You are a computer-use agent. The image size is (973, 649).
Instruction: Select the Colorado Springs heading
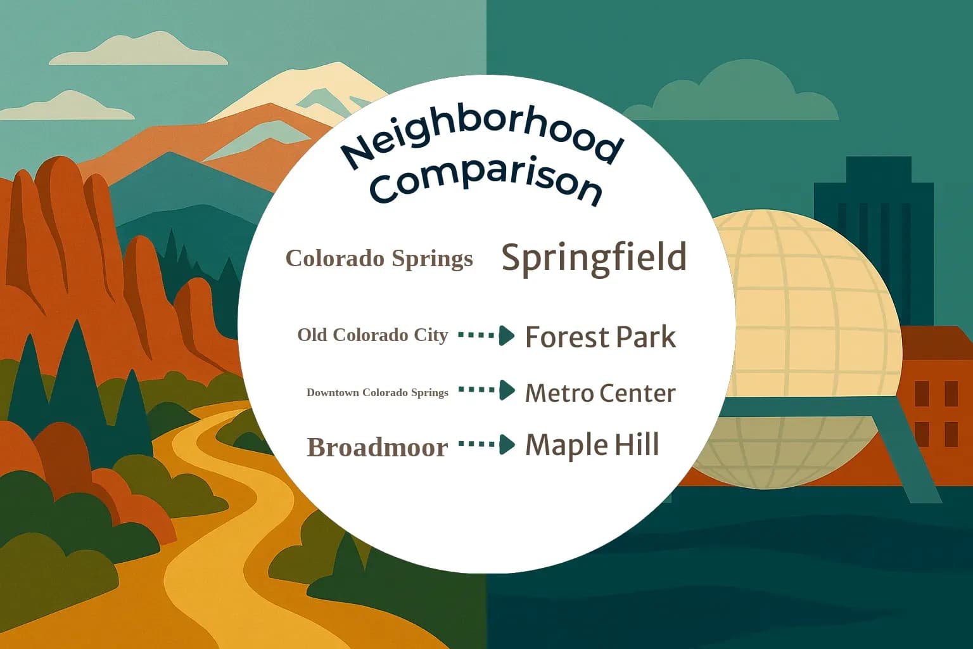pos(379,259)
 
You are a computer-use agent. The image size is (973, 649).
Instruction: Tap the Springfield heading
pos(594,257)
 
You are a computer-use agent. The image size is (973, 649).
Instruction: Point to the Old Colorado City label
pos(372,335)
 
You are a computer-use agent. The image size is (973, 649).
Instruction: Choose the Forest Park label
pos(600,337)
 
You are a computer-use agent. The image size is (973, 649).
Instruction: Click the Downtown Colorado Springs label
pos(377,392)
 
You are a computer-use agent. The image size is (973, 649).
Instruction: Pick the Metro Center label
pos(600,393)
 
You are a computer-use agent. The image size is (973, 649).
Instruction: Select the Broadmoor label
pos(377,447)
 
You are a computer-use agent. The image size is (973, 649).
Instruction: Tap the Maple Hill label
pos(592,445)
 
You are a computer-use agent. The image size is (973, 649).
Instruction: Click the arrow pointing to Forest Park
pos(486,335)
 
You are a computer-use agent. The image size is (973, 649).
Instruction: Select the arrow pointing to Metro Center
pos(486,390)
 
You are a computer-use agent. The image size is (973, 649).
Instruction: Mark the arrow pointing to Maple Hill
pos(486,444)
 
